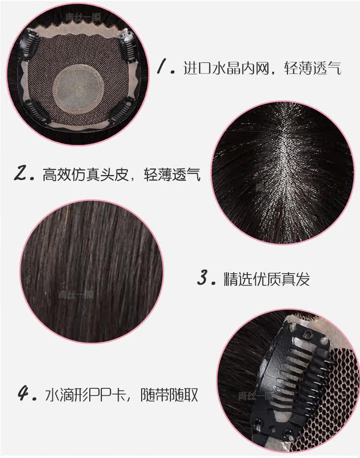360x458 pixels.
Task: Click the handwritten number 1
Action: pyautogui.click(x=163, y=68)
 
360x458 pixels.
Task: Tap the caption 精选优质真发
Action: pyautogui.click(x=267, y=279)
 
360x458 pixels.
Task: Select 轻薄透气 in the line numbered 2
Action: pyautogui.click(x=172, y=174)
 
